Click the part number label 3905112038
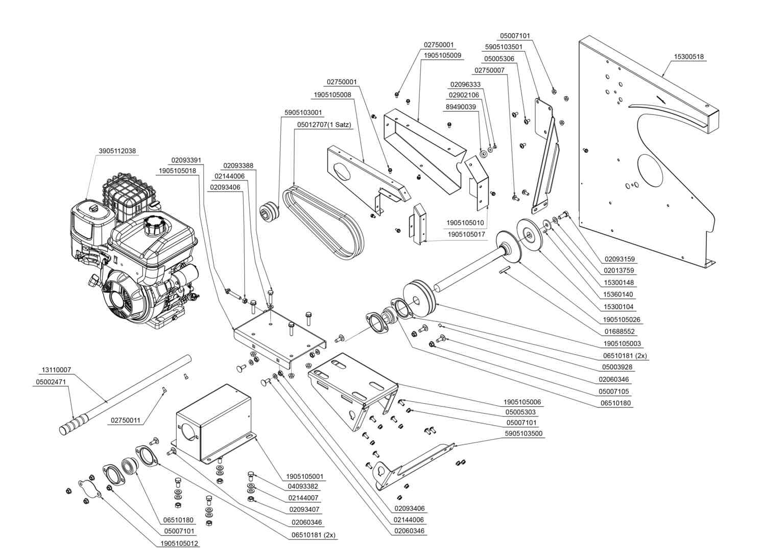tap(117, 151)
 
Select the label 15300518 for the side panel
tap(688, 57)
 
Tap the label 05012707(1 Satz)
tap(324, 125)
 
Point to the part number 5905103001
tap(303, 113)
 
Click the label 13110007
tap(56, 370)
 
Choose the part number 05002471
tap(51, 382)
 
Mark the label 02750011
tap(126, 421)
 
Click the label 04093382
tap(303, 487)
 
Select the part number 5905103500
tap(524, 433)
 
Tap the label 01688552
tap(620, 332)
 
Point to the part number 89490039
tap(461, 107)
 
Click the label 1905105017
tap(466, 235)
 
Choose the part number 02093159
tap(620, 259)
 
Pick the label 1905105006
tap(522, 402)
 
